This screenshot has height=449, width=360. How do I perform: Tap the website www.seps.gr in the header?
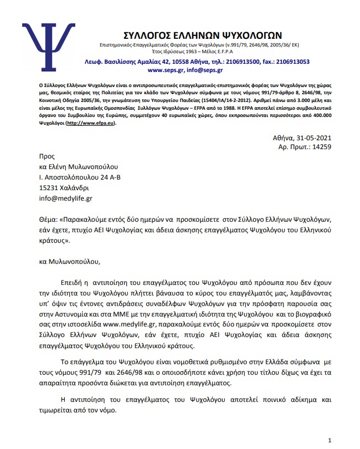pos(166,70)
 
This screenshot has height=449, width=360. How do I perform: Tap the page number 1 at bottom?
pos(330,440)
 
